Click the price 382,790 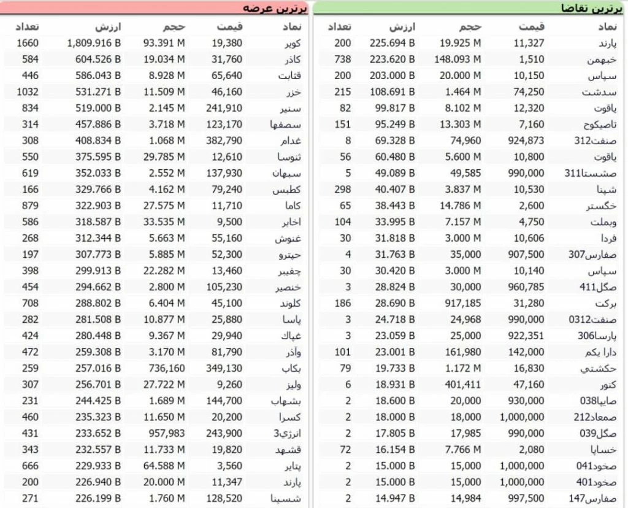click(226, 140)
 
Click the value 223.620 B click(392, 60)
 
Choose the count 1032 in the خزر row click(28, 92)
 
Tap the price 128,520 click(226, 498)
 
